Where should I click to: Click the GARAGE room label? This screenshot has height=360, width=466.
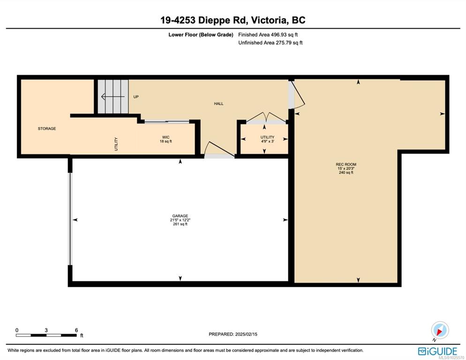tap(180, 220)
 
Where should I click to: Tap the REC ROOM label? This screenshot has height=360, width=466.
tap(346, 168)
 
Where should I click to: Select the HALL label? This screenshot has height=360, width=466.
tap(219, 104)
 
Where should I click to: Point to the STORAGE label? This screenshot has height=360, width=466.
tap(47, 128)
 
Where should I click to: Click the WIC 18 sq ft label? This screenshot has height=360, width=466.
tap(166, 139)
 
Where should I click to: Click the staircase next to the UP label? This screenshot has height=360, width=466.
tap(113, 97)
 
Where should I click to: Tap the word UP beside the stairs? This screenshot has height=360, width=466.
tap(136, 97)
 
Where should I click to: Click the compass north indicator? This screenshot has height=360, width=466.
tap(440, 330)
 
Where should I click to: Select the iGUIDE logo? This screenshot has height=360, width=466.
tap(437, 352)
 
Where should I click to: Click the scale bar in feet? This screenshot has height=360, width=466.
tap(46, 335)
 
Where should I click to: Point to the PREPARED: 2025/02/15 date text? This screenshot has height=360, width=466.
tap(233, 334)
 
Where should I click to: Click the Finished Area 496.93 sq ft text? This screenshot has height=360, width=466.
tap(268, 35)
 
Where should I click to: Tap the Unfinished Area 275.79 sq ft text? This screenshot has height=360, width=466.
tap(270, 43)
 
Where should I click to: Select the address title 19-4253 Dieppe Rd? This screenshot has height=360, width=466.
tap(203, 20)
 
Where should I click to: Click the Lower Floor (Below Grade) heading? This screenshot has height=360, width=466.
tap(201, 35)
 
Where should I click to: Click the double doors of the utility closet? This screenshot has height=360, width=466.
tap(265, 118)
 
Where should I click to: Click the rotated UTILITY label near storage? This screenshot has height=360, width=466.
tap(116, 144)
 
